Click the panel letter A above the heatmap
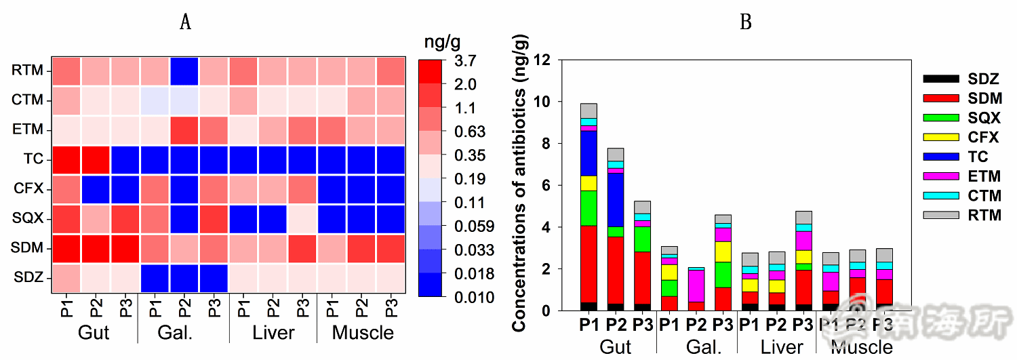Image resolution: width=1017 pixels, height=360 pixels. [x=184, y=23]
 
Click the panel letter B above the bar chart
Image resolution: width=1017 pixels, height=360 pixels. [x=745, y=23]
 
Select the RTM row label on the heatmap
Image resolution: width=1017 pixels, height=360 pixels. [x=26, y=70]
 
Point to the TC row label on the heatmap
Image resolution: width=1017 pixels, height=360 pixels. [x=33, y=159]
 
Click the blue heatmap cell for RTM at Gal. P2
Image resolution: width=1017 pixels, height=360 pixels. [x=184, y=70]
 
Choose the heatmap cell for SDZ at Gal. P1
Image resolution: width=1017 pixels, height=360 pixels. [x=154, y=278]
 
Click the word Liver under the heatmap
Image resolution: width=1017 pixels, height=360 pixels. [x=273, y=333]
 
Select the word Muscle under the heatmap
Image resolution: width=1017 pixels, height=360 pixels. [x=363, y=333]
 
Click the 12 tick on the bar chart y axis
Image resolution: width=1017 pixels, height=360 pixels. [x=546, y=60]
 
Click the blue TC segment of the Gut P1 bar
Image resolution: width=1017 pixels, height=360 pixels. [x=589, y=153]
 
